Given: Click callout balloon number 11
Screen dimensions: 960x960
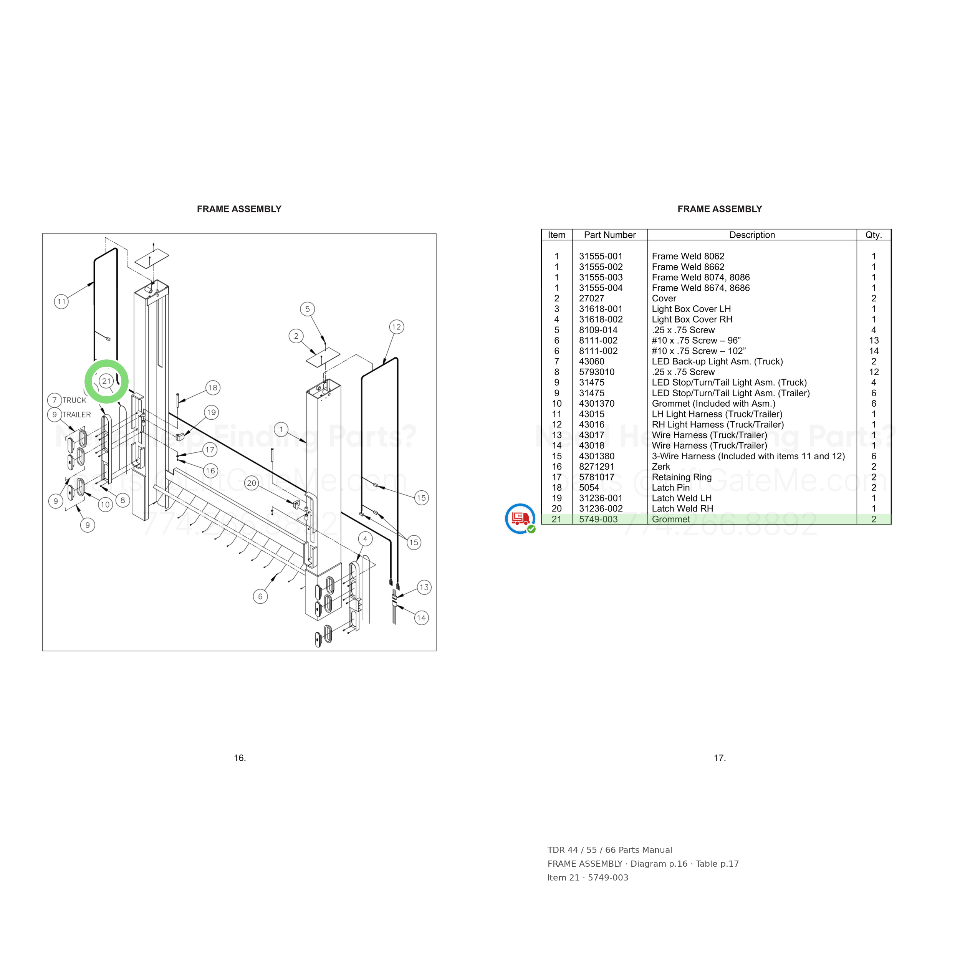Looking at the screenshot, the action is click(61, 301).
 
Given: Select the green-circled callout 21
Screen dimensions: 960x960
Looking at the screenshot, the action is click(106, 381).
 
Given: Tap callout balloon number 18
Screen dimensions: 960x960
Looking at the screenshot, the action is click(213, 387).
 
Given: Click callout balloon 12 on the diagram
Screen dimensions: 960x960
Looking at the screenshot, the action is click(396, 327).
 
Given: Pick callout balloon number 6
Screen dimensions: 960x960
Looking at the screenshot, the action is click(260, 596).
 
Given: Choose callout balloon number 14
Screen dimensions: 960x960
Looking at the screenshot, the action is click(421, 617).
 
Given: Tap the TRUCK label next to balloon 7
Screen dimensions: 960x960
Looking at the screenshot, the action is click(74, 400).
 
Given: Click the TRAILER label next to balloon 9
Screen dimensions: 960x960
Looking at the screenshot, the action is click(76, 414).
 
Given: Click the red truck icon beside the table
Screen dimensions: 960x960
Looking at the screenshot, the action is click(520, 518).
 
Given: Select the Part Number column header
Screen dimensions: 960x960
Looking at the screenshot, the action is click(610, 235).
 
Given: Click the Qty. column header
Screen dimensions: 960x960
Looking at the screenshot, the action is click(874, 235).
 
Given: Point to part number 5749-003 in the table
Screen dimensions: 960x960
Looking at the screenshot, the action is click(598, 519).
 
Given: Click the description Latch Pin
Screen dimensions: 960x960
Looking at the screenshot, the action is click(671, 487).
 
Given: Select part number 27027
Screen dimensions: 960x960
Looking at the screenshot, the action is click(591, 298).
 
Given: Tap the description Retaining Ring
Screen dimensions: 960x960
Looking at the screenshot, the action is click(682, 477).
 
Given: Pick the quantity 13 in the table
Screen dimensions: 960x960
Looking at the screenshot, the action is click(874, 340).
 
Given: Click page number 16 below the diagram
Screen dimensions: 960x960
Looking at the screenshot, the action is click(240, 758).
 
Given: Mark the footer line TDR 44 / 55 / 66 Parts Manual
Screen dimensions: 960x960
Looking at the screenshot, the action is click(610, 850).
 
